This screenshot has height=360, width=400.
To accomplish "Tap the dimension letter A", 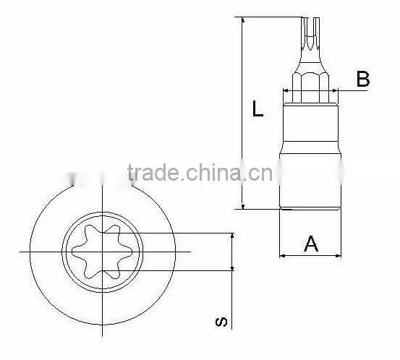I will click(310, 244).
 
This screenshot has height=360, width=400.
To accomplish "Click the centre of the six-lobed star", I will click(102, 252).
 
